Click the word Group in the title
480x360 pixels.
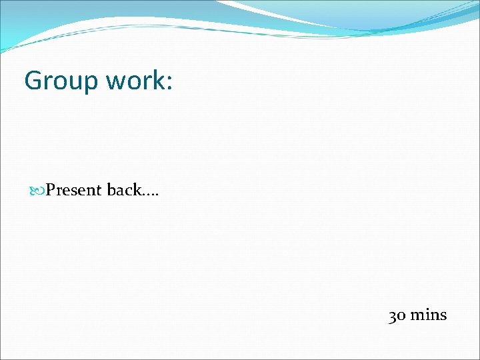point(58,81)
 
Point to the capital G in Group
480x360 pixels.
point(33,81)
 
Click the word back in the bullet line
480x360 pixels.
point(124,190)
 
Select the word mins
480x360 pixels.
point(428,315)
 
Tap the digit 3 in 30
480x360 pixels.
point(393,316)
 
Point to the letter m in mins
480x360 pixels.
point(417,316)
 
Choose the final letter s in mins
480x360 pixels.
point(443,316)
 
